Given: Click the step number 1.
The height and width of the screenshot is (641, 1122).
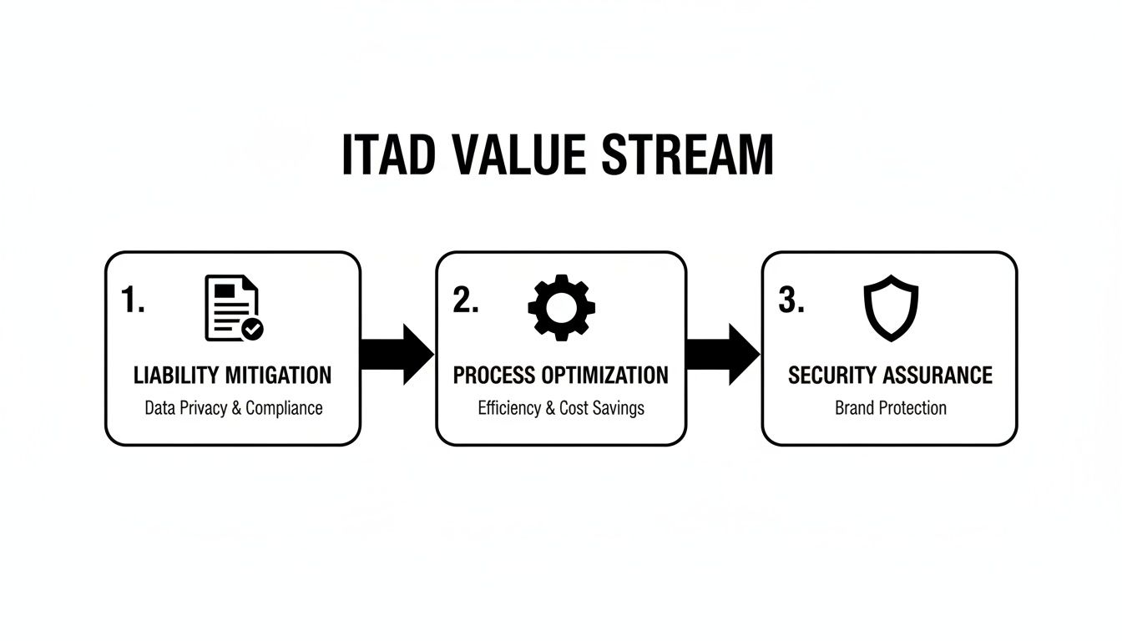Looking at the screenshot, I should coord(133,300).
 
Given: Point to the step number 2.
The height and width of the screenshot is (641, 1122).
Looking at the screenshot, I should coord(466,300).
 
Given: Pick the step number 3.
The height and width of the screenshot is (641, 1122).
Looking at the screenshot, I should coord(791,300).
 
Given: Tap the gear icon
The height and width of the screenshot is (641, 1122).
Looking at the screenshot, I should coord(562,306).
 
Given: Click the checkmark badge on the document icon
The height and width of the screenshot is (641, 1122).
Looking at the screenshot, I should coord(252,329).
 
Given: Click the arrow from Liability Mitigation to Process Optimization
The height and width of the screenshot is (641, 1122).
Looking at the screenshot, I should coord(398,354).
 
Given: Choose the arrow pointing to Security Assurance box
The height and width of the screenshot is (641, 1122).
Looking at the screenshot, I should coord(723,354).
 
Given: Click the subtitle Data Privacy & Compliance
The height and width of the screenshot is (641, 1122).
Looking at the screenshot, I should coord(233,408).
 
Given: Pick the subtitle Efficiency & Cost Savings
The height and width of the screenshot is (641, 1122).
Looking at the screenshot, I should coord(561,408).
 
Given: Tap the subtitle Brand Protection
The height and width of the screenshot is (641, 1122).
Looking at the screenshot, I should coord(890,408).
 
